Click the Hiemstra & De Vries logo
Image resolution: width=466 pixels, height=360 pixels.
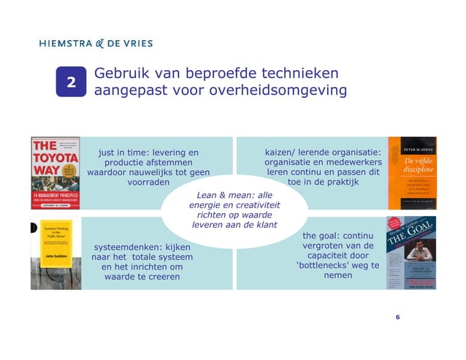[x=96, y=43]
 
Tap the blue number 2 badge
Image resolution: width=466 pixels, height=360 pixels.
[x=72, y=83]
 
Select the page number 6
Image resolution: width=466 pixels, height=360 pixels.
[x=397, y=317]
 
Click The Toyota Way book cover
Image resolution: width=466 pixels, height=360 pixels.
[x=55, y=172]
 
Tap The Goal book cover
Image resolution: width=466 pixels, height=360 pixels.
[x=411, y=253]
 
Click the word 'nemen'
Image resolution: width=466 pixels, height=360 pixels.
[x=337, y=276]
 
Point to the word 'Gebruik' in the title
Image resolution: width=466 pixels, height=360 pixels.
[x=123, y=74]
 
